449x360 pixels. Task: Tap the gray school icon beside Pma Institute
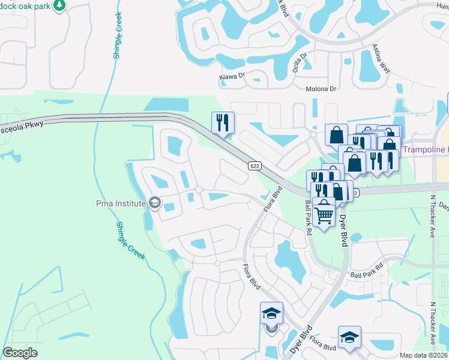155,203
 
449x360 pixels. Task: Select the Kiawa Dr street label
234,76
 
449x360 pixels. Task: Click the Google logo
20,352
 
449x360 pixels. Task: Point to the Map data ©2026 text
423,355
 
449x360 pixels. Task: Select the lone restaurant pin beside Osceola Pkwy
223,123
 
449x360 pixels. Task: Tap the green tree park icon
59,6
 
